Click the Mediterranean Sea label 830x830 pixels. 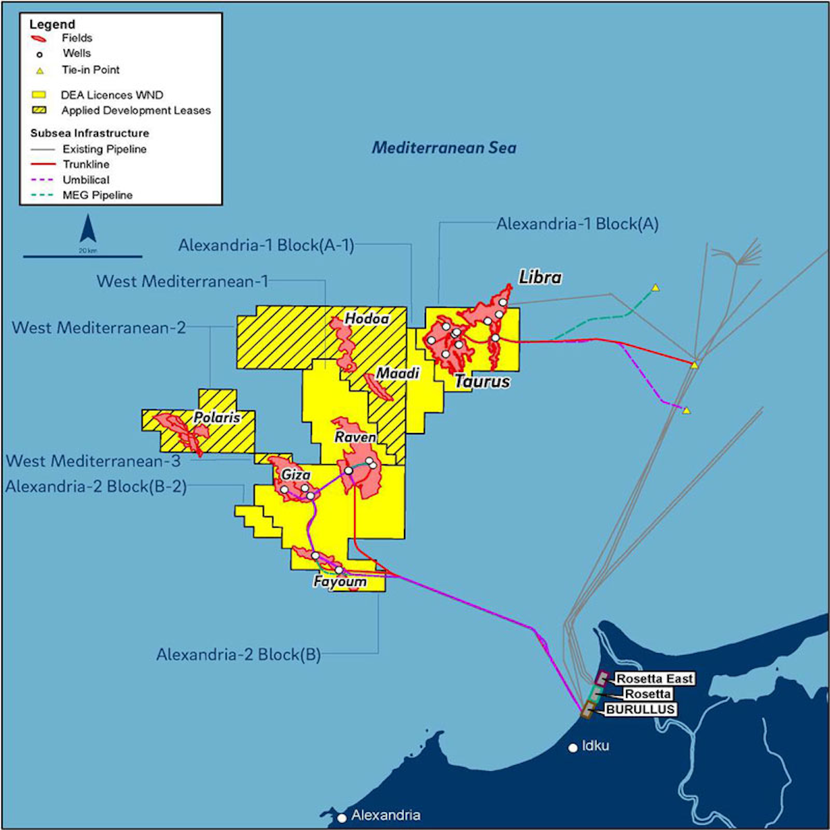444,147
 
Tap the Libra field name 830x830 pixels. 540,277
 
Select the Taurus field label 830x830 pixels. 482,381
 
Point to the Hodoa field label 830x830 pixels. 367,319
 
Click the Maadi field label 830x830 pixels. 398,373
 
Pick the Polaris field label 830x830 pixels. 216,418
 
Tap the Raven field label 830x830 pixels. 355,437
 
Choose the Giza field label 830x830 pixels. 295,475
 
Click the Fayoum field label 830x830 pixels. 340,582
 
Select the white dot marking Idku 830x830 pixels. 573,748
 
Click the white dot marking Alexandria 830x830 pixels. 342,818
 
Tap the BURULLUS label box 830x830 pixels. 640,710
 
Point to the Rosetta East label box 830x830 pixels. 654,679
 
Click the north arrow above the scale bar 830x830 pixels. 88,229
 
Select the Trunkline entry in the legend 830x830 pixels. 86,164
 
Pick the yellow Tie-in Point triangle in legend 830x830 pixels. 40,70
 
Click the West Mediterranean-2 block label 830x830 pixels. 99,327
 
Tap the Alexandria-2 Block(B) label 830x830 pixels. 239,654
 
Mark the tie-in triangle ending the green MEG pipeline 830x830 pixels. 655,287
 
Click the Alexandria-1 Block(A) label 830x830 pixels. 578,223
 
